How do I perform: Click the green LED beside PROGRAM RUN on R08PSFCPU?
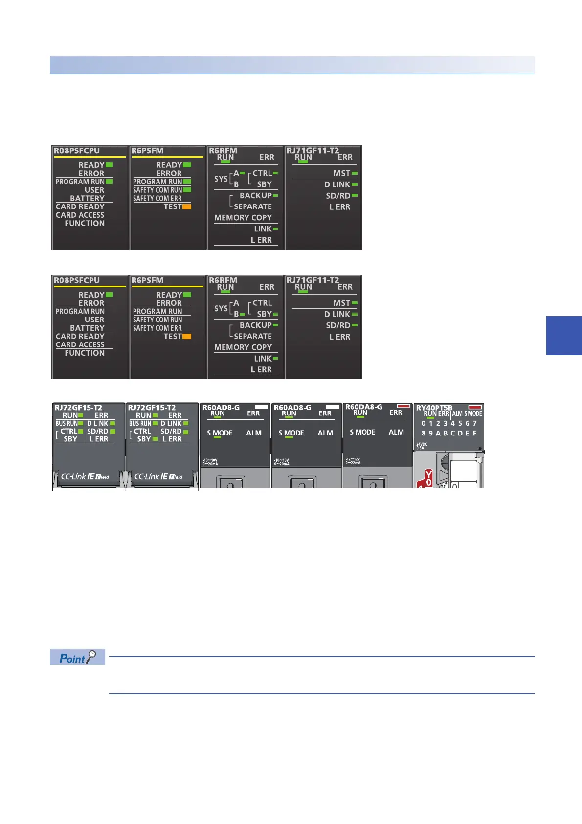(x=109, y=182)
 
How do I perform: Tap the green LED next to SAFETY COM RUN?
(x=187, y=190)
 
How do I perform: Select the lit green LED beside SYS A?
(x=242, y=173)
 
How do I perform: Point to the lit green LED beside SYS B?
(x=242, y=314)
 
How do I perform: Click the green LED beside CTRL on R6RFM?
(x=275, y=173)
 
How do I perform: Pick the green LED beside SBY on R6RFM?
(x=275, y=314)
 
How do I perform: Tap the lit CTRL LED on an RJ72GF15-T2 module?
(x=81, y=431)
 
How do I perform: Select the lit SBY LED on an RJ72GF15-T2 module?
(x=155, y=439)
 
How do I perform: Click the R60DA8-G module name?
(x=363, y=407)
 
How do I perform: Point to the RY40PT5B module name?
(x=434, y=408)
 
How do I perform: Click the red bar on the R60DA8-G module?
(x=403, y=406)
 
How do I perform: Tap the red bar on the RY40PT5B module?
(x=475, y=407)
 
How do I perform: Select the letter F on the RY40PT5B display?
(x=474, y=433)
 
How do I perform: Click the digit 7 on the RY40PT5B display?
(x=474, y=423)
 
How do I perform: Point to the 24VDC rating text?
(x=421, y=444)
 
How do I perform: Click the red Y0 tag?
(x=428, y=478)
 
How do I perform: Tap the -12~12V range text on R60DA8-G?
(x=353, y=459)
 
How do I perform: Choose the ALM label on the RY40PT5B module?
(x=457, y=414)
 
